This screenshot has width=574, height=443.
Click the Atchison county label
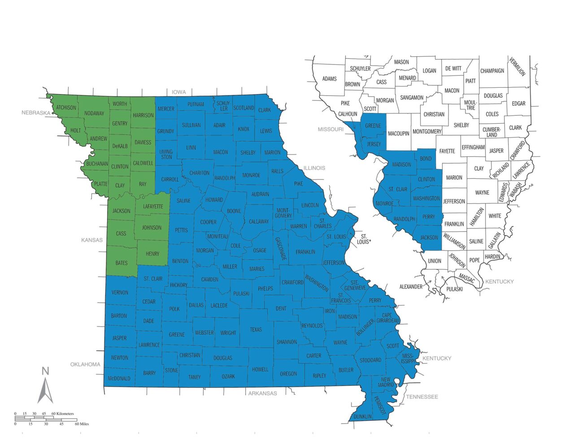[66, 108]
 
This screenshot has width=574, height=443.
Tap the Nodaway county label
[94, 113]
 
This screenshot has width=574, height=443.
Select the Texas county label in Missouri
[256, 330]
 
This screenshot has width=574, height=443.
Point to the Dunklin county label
[362, 417]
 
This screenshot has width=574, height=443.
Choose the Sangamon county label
[412, 98]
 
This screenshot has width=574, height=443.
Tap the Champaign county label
[492, 71]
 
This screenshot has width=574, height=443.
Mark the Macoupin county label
[399, 133]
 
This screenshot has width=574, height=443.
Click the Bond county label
[426, 159]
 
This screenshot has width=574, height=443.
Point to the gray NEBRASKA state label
[36, 113]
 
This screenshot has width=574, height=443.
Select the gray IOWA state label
[178, 92]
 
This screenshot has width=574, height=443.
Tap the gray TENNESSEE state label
[422, 397]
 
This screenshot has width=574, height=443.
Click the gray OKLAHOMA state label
[85, 364]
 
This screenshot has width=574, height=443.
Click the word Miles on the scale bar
[82, 424]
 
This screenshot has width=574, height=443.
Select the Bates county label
[122, 263]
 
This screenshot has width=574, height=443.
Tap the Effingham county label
[473, 147]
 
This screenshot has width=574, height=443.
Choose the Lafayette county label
[153, 206]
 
